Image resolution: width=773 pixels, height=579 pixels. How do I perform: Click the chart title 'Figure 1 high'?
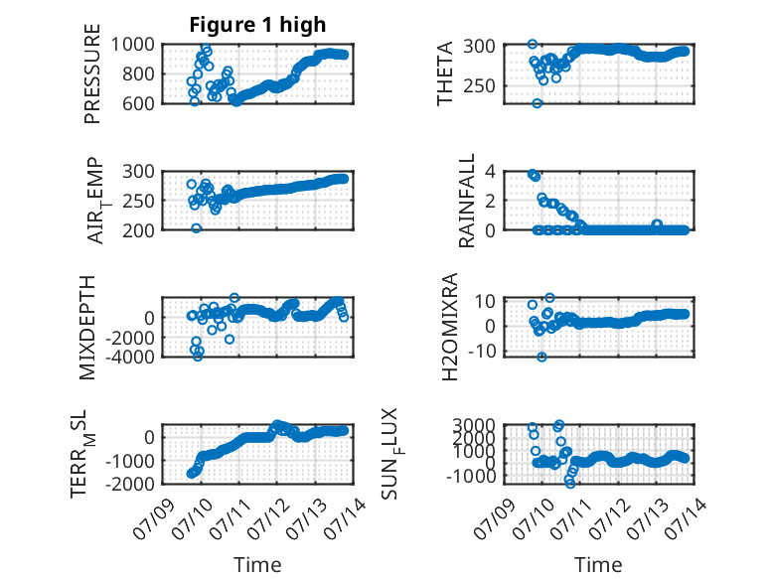[257, 25]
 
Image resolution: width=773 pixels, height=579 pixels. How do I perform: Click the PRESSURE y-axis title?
[92, 73]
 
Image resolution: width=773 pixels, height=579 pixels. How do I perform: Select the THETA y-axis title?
[445, 73]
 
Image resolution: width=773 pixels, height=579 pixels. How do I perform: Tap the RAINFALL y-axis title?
[466, 201]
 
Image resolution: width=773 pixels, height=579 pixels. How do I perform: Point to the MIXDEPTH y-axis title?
[86, 328]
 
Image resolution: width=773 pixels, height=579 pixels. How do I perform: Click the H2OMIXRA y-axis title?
[450, 327]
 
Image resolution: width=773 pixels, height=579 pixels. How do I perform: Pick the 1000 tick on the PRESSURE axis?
[132, 45]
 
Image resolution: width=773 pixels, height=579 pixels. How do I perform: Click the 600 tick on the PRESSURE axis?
[137, 103]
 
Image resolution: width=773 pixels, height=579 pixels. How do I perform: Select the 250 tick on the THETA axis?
[479, 85]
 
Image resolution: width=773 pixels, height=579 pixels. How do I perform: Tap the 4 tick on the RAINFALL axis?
[490, 172]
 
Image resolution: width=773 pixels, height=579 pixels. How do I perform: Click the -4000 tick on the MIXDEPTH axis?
[129, 357]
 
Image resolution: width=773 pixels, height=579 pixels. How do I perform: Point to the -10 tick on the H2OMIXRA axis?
[482, 352]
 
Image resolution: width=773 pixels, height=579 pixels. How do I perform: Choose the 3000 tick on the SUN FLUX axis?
[474, 425]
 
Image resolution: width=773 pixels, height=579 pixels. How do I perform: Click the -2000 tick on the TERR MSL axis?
[129, 484]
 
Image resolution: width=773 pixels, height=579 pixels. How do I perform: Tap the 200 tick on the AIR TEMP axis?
[138, 230]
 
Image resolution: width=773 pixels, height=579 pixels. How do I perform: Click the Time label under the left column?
[257, 565]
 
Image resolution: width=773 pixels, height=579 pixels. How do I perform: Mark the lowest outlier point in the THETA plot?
[537, 103]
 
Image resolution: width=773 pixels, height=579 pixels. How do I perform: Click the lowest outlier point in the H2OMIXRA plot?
[541, 357]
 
